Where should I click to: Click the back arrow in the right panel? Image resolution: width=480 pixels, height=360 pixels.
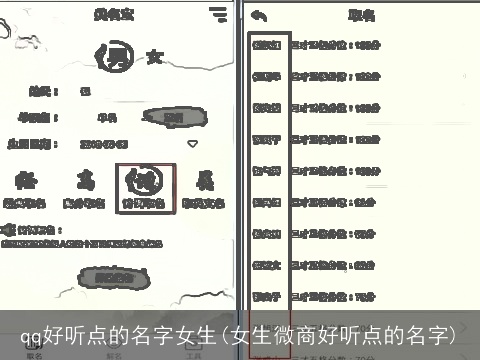pyautogui.click(x=260, y=15)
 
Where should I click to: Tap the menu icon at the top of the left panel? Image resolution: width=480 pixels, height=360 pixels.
pyautogui.click(x=218, y=14)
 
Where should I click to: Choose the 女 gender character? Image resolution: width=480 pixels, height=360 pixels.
pyautogui.click(x=154, y=57)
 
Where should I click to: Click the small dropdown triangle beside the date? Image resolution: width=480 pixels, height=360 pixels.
pyautogui.click(x=193, y=143)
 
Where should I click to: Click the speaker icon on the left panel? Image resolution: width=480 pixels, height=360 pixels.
pyautogui.click(x=7, y=228)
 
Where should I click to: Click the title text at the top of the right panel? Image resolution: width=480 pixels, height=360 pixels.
pyautogui.click(x=361, y=15)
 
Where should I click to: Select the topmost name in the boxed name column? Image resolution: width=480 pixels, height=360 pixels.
pyautogui.click(x=266, y=45)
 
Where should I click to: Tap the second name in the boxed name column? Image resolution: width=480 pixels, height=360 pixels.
pyautogui.click(x=266, y=75)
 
